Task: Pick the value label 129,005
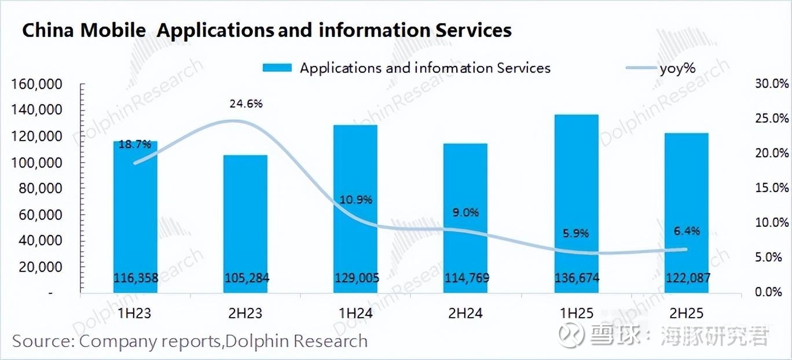click(357, 278)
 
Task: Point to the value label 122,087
click(687, 278)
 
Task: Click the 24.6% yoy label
click(246, 104)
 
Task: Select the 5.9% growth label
click(576, 234)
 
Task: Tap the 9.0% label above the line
click(466, 212)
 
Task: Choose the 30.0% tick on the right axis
click(772, 85)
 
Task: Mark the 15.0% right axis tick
click(772, 188)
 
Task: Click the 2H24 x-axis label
click(466, 314)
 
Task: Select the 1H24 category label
click(356, 314)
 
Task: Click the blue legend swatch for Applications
click(277, 68)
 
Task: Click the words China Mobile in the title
click(84, 31)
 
